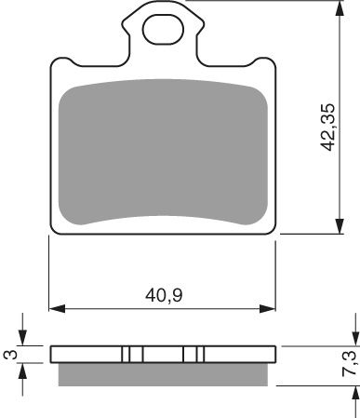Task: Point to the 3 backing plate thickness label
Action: pyautogui.click(x=8, y=354)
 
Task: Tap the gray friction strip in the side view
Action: pyautogui.click(x=164, y=373)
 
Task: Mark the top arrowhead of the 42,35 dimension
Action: pyautogui.click(x=337, y=7)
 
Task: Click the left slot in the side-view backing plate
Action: pyautogui.click(x=132, y=354)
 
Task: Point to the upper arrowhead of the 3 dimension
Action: pyautogui.click(x=24, y=340)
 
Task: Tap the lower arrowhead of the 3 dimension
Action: pyautogui.click(x=24, y=368)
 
